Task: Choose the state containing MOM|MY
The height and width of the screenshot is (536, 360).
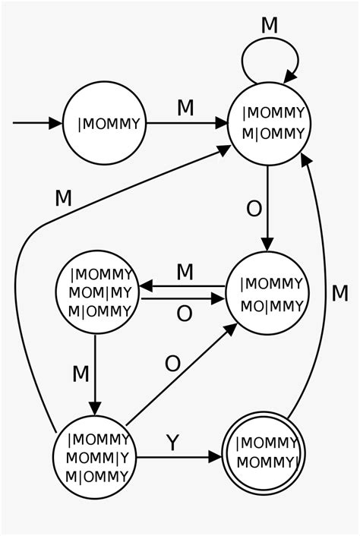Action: pos(96,292)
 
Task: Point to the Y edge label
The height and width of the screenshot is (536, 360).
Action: pos(172,443)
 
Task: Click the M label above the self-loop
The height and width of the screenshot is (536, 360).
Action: pos(270,24)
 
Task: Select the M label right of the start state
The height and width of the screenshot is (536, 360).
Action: pos(185,108)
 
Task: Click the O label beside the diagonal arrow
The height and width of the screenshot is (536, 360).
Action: pos(172,364)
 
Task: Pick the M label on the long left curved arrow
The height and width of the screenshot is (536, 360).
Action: pos(63,197)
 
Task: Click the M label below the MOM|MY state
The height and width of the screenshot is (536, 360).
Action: pos(81,373)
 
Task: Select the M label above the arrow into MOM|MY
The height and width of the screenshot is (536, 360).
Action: pos(185,272)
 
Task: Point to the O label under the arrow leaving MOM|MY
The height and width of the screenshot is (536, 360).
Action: pos(185,314)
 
